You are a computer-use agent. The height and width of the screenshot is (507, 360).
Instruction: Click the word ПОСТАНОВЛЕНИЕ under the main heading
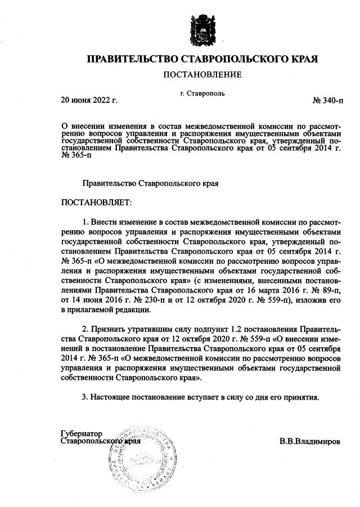click(x=202, y=74)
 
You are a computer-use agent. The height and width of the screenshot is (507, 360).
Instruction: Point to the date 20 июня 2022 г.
click(x=88, y=100)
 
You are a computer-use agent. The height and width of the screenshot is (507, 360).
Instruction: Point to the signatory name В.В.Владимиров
click(x=309, y=442)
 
